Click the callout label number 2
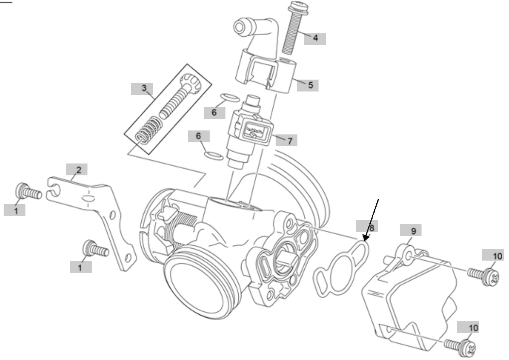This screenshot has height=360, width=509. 79,170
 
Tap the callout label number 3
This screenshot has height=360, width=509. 144,88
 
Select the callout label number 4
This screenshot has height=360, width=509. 315,38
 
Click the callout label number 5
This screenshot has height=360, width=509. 310,85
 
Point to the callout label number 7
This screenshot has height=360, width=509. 289,141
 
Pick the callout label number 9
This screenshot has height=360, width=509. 414,231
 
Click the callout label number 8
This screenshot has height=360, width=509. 371,227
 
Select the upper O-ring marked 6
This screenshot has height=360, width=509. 230,98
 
